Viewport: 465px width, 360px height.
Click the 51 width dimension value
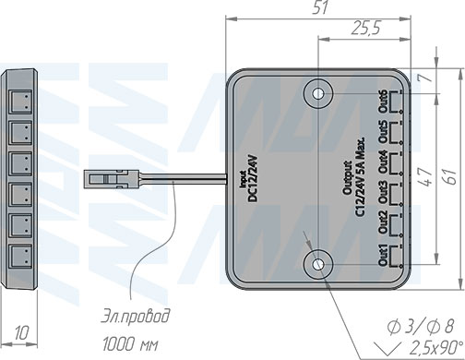[320, 7]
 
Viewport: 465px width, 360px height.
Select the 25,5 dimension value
[365, 28]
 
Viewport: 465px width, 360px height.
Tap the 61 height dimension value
[450, 176]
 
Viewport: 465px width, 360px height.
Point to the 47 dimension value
[424, 177]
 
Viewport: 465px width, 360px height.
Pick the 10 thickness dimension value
[22, 333]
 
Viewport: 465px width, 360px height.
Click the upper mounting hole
[318, 93]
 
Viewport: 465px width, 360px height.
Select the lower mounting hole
[318, 264]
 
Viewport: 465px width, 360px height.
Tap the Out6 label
[383, 102]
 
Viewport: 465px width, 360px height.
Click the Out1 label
[383, 255]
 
